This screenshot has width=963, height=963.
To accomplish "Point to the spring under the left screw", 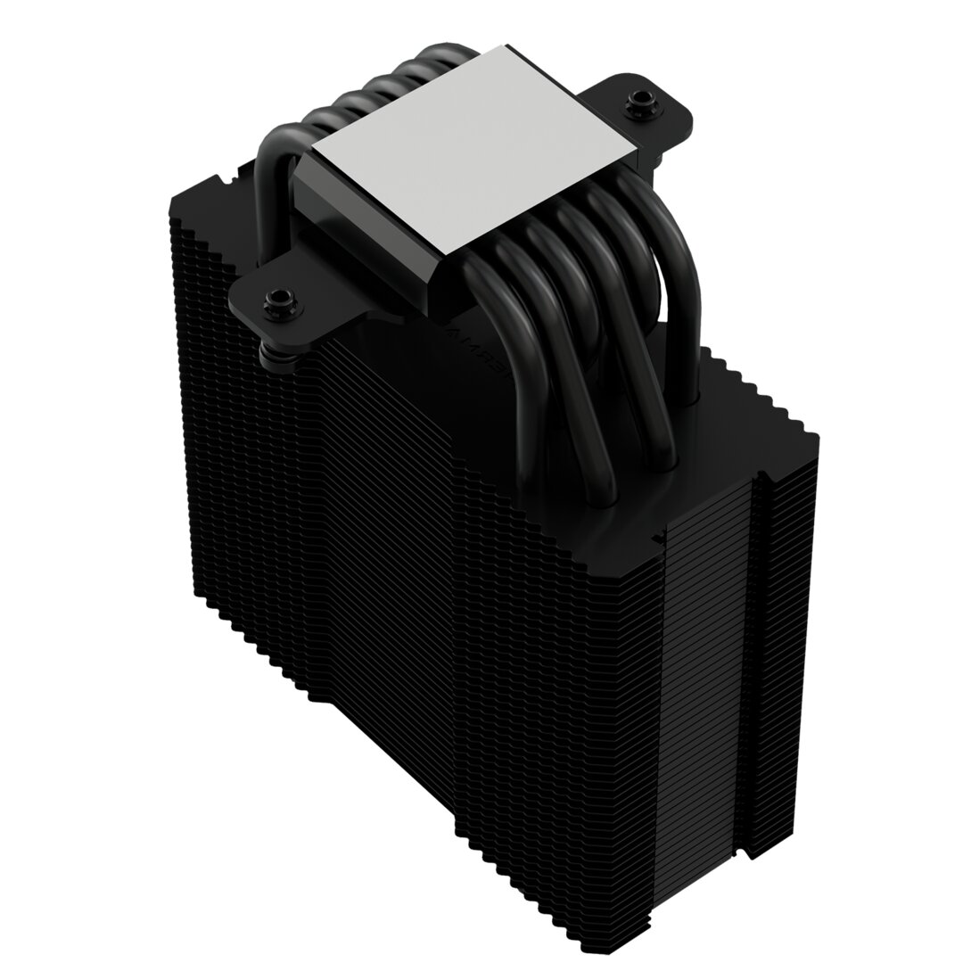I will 270,354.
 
